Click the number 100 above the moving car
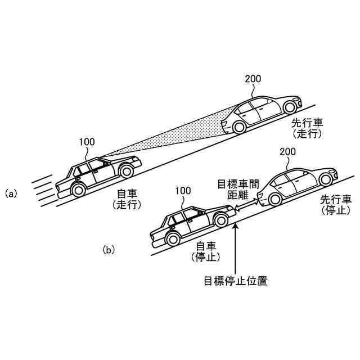click(87, 142)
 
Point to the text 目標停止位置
click(236, 281)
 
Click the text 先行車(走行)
click(307, 128)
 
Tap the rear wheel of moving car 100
click(78, 190)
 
